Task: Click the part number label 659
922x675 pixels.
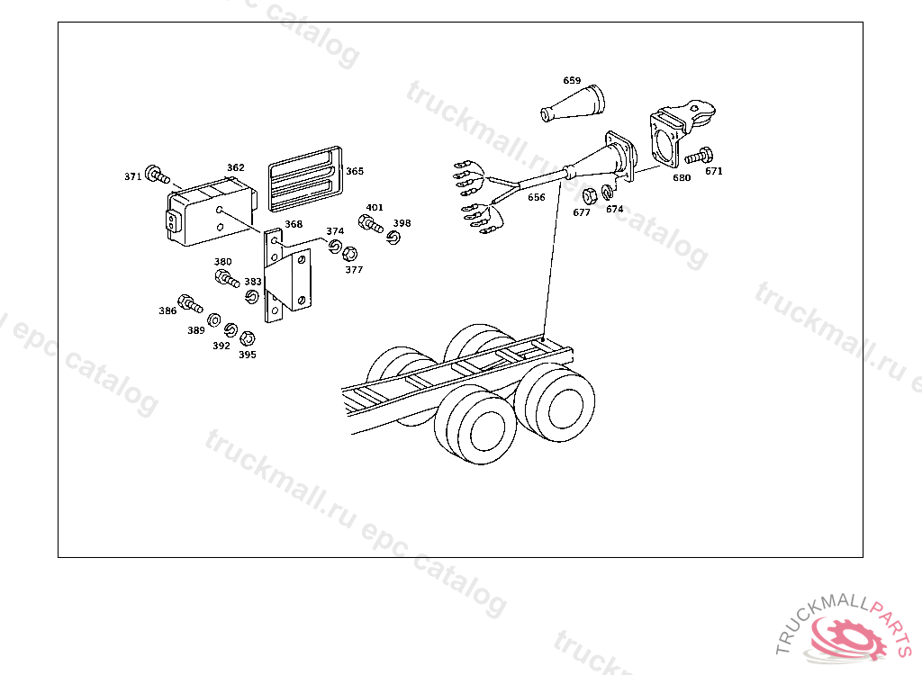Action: tap(572, 81)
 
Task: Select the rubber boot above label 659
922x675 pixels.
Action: tap(572, 104)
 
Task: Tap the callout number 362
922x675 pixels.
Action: tap(235, 167)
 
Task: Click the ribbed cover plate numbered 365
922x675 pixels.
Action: tap(305, 179)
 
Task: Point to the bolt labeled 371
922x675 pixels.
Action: tap(157, 174)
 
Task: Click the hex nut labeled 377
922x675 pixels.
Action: tap(349, 254)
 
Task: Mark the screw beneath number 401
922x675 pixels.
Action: tap(370, 223)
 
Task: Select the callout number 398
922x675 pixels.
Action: tap(402, 223)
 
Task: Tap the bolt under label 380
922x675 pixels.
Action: tap(227, 278)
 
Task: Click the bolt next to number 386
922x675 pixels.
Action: tap(190, 303)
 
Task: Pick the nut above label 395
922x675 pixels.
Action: tap(248, 338)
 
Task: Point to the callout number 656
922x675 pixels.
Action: tap(537, 198)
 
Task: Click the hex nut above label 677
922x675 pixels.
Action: tap(590, 196)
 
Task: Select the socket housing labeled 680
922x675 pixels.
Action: tap(681, 134)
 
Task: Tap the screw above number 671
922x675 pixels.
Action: tap(699, 156)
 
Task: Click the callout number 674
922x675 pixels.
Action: tap(614, 209)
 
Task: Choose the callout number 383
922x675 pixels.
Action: tap(253, 282)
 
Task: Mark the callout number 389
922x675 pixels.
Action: tap(195, 330)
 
